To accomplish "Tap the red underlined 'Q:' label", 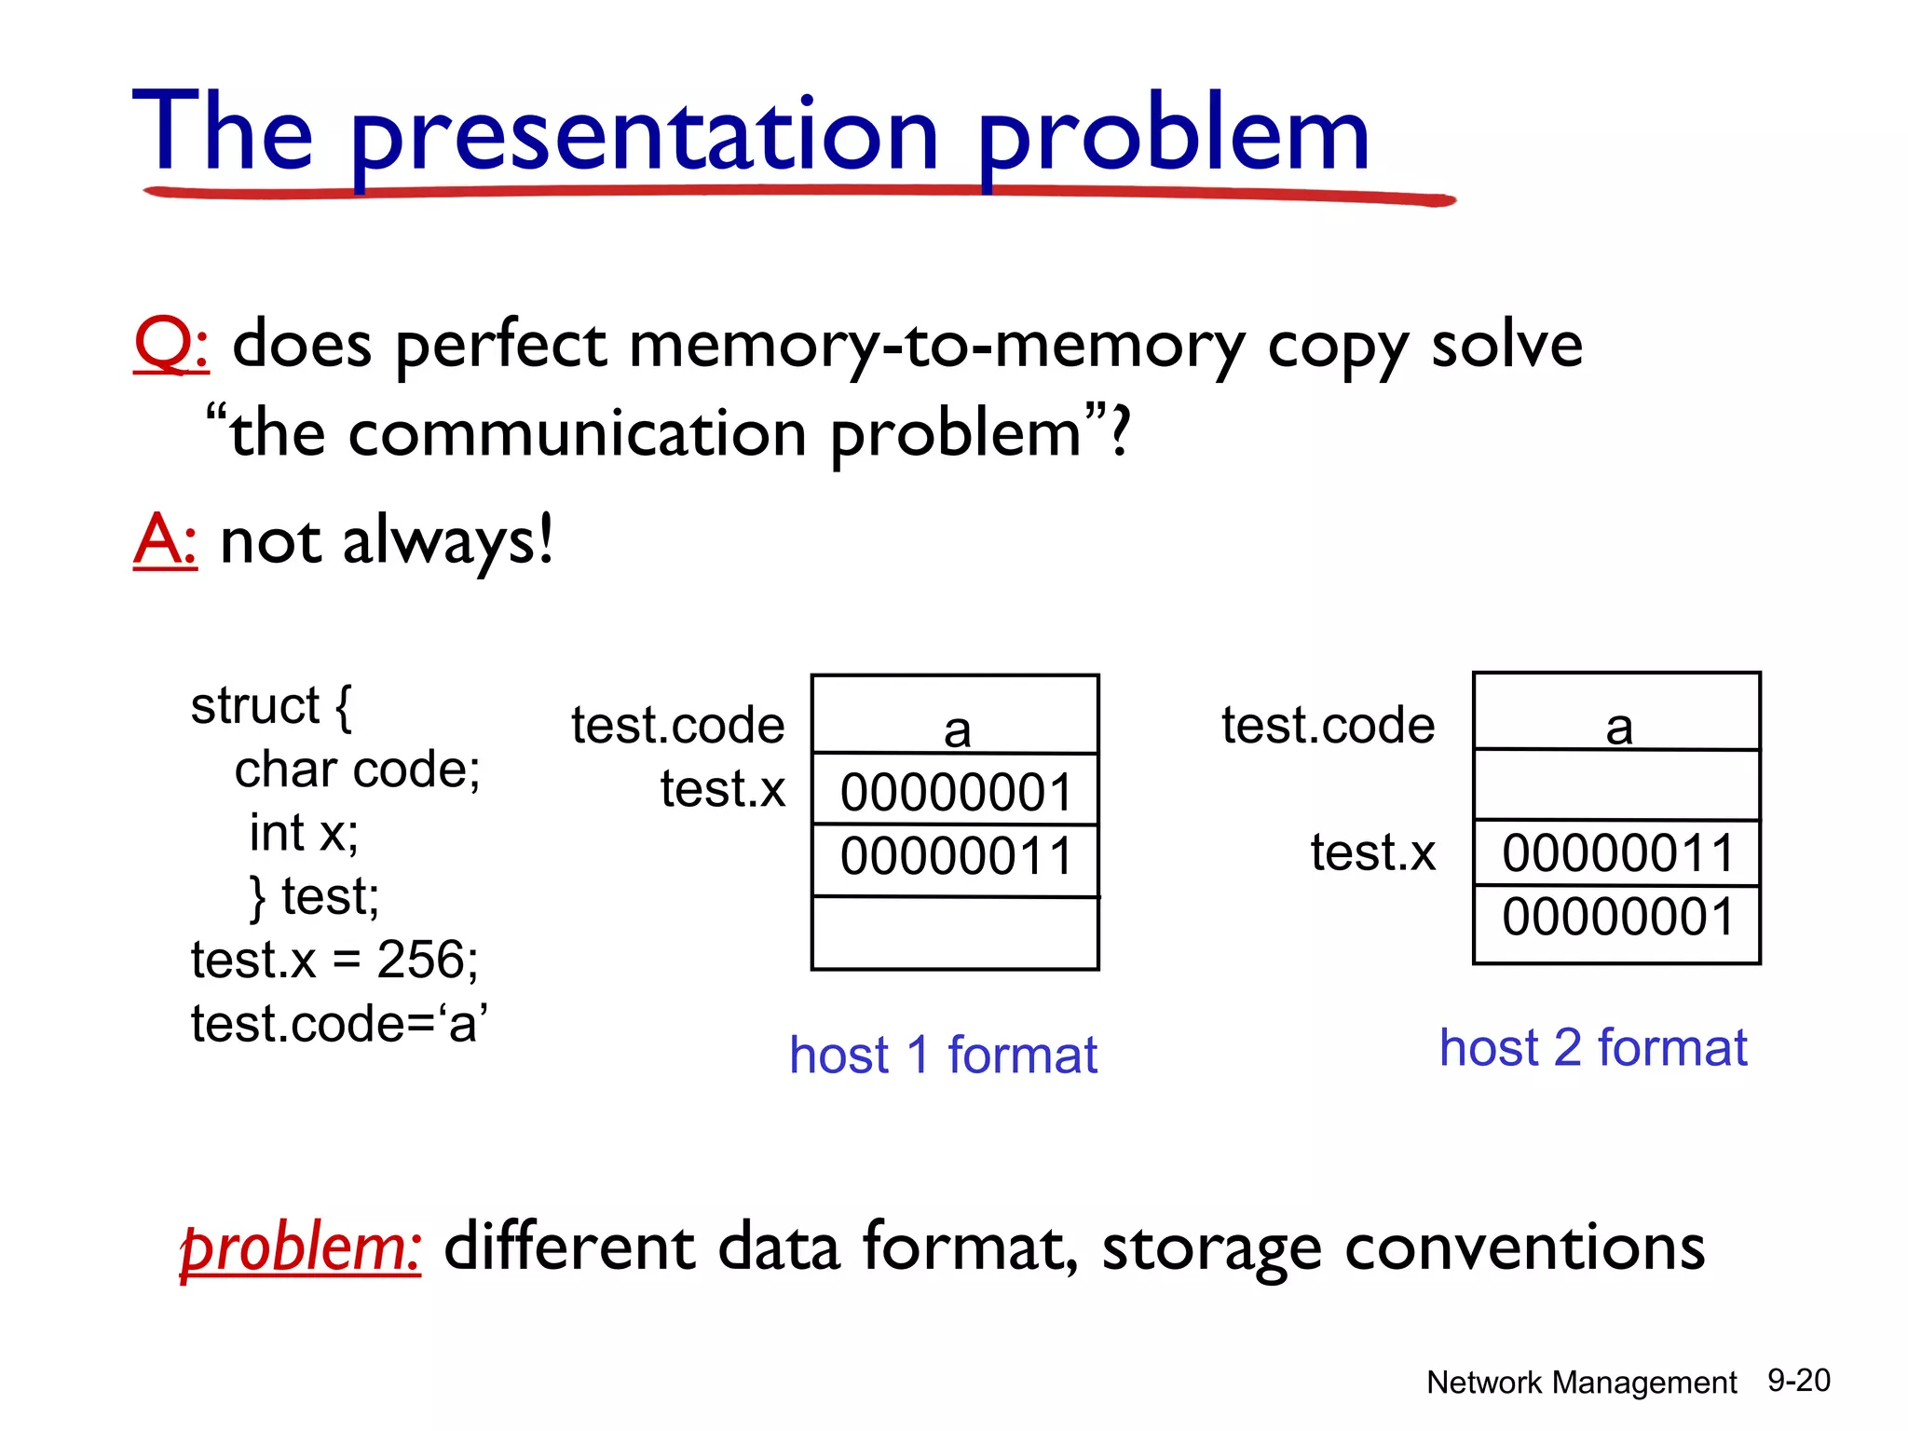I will coord(170,345).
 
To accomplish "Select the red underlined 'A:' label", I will coord(165,540).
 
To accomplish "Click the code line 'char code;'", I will coord(357,770).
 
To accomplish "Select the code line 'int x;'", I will coord(304,833).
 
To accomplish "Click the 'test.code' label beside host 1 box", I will coord(677,725).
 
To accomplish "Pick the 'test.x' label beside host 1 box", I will coord(723,788).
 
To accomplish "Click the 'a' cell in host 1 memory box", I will coord(956,715).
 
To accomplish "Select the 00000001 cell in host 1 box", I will coord(956,791).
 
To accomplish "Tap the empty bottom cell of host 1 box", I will coord(956,934).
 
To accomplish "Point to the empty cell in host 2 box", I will coord(1617,785).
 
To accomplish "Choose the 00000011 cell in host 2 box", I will coord(1617,853).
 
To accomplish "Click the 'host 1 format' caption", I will coord(943,1056).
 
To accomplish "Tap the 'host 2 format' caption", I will coord(1593,1048).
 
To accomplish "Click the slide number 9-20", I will coord(1799,1381).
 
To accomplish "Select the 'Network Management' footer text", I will coord(1581,1383).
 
